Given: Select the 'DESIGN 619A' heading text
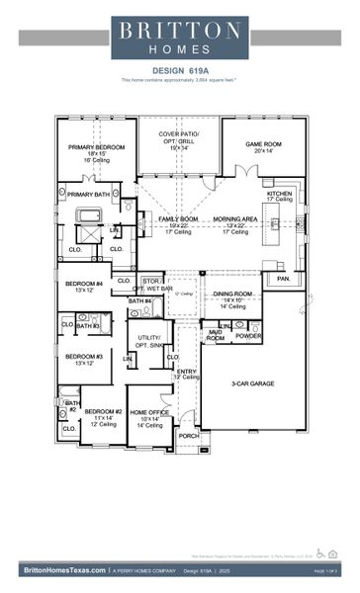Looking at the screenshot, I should pos(179,70).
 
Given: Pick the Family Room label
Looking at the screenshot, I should pos(178,221).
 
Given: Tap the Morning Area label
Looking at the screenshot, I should pos(235,221).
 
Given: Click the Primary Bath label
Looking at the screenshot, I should pos(88,195).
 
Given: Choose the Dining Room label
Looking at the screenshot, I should pos(234,296).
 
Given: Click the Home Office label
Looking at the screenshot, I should pos(150,414).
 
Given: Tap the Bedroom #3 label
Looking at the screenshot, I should pos(84,359).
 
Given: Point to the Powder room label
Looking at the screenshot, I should pos(249,336).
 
